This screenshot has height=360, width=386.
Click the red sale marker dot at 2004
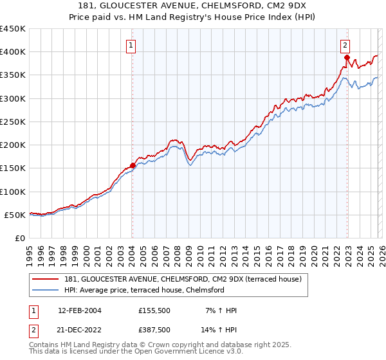(x=133, y=165)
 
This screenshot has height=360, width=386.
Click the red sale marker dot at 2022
(x=346, y=57)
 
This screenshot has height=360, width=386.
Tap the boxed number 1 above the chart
(x=131, y=45)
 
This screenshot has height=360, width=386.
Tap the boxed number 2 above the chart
(x=345, y=45)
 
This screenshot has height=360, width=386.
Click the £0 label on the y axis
(x=19, y=239)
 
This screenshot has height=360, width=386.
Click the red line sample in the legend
(x=46, y=279)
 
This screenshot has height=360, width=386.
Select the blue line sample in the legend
(x=46, y=290)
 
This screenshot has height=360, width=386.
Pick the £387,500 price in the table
(x=154, y=329)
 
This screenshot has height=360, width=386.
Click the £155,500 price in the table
(x=154, y=310)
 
